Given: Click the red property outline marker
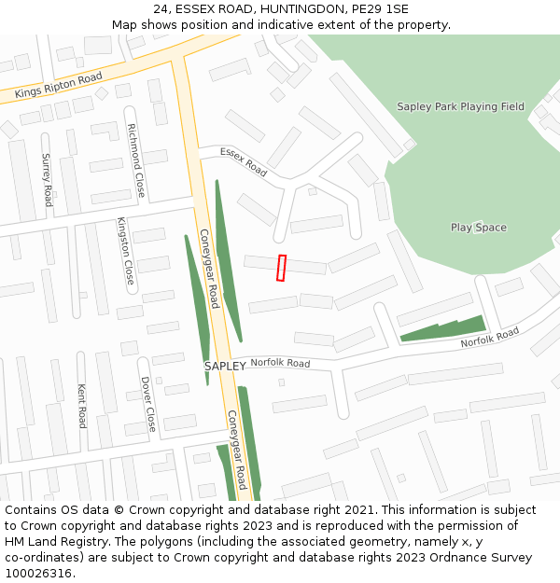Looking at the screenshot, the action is [x=281, y=268].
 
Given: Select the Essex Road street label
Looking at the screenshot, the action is [x=244, y=161].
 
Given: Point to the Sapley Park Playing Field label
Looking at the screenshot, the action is [x=460, y=106].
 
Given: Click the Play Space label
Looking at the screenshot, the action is [x=478, y=228].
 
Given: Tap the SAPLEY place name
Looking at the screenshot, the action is [x=225, y=367].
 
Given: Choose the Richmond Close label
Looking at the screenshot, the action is [x=136, y=160].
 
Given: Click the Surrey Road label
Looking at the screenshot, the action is [x=47, y=179].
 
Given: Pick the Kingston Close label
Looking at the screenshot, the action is [x=125, y=251].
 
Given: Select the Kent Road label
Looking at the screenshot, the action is [x=82, y=405].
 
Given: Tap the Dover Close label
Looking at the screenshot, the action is [x=147, y=404].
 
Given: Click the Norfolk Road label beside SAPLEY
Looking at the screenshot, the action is [x=280, y=363].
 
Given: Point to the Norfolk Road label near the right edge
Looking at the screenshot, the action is [x=489, y=338].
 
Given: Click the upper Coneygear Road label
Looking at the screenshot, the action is [x=208, y=271].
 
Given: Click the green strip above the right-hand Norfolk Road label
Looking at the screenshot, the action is [x=442, y=329].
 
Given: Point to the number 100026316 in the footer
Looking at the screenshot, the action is [x=38, y=573].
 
